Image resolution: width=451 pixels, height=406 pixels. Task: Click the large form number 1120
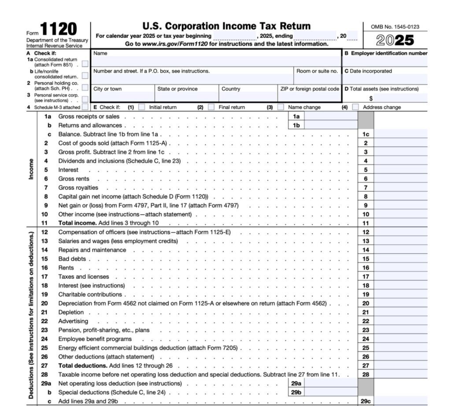point(59,30)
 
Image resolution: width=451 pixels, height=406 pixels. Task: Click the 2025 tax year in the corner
point(395,40)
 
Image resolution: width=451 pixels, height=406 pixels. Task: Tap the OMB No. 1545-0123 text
point(395,27)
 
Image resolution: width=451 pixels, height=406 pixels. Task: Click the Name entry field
point(216,60)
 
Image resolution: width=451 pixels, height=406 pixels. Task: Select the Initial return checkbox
point(142,107)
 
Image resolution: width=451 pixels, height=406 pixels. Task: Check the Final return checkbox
point(211,107)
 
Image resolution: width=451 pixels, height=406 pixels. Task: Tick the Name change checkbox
point(281,107)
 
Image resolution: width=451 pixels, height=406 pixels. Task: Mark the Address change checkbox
point(355,107)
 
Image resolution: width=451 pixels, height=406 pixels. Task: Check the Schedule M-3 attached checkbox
point(85,107)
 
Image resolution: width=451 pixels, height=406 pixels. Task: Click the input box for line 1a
point(330,116)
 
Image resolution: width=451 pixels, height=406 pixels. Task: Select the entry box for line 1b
point(330,125)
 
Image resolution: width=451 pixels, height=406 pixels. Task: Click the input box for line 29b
point(330,392)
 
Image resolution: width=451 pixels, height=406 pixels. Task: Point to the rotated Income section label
point(31,170)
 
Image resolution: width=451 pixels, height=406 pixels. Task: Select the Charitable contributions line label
point(90,295)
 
